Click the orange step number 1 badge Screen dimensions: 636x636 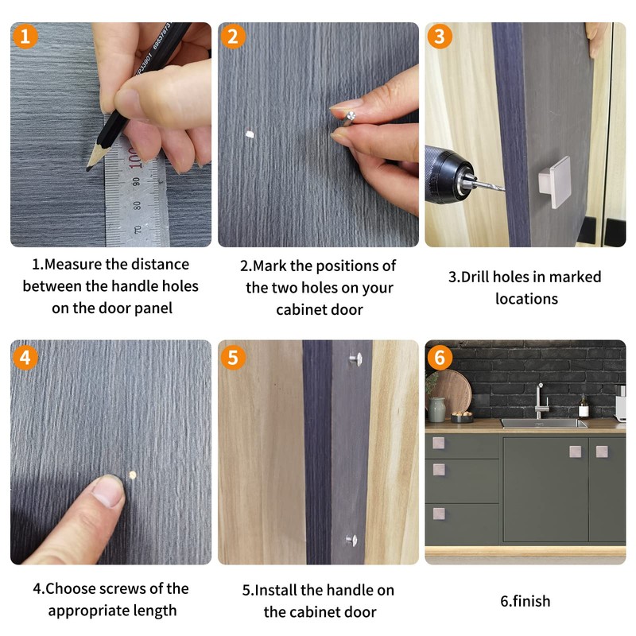point(25,36)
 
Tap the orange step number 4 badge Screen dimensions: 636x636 point(25,358)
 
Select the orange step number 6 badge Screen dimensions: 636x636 point(440,358)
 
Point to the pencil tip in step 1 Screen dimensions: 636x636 point(88,169)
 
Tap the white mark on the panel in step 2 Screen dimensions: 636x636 point(250,134)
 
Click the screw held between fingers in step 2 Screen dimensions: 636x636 point(348,118)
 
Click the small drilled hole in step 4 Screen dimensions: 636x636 point(133,475)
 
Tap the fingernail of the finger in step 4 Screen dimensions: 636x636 point(107,491)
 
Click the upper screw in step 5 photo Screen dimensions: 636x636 point(355,359)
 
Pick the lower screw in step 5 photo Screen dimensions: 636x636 point(351,540)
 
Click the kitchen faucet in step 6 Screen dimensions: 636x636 point(541,401)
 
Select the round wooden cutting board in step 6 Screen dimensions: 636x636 point(452,391)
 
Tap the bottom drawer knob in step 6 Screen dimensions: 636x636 point(439,514)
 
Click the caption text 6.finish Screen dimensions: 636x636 point(525,601)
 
